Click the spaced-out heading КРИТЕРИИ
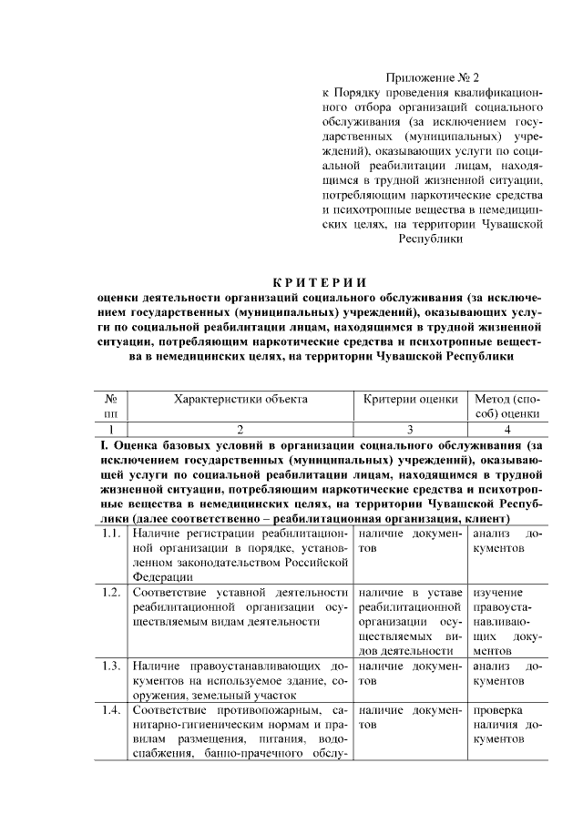[x=324, y=280]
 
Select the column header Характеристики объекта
[x=240, y=399]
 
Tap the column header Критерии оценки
[x=410, y=399]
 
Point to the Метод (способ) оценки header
[x=507, y=406]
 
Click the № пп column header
[x=110, y=406]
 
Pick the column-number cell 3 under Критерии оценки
[x=410, y=429]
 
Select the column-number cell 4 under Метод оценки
[x=507, y=429]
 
